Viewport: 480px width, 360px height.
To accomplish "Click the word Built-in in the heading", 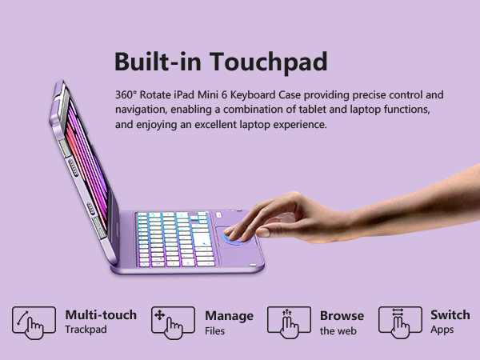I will point(154,62).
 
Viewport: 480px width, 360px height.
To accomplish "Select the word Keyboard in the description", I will point(272,94).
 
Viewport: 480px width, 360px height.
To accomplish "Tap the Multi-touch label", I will point(101,315).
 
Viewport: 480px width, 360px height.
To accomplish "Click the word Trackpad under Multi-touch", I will point(86,330).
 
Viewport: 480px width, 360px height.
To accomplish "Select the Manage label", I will point(229,315).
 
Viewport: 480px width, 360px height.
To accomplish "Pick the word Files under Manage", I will point(215,330).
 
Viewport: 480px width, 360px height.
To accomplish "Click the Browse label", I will point(342,315).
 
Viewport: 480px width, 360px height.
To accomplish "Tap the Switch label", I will point(450,315).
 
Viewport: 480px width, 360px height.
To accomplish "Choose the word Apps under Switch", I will point(442,330).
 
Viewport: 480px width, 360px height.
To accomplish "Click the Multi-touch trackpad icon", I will point(34,322).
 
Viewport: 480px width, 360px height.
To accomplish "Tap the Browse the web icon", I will point(288,322).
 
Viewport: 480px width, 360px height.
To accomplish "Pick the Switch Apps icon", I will point(400,322).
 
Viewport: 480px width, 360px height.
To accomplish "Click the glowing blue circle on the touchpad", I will point(234,238).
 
